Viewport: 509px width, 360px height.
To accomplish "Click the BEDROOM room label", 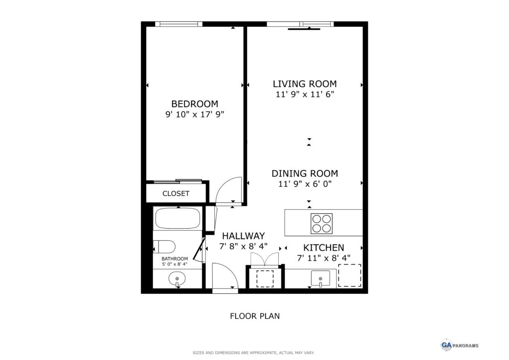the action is [x=195, y=104].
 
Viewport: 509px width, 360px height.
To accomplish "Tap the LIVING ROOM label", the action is [x=305, y=84].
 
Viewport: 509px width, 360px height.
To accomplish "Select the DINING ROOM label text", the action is [x=305, y=174].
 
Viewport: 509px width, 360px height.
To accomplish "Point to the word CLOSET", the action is [x=176, y=193].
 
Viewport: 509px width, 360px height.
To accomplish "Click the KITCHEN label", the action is [x=324, y=248].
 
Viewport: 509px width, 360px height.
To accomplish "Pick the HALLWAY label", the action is [x=244, y=236].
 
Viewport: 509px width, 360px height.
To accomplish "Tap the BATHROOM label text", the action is [x=174, y=259].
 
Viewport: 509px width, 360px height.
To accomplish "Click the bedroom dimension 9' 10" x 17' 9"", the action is [x=195, y=114].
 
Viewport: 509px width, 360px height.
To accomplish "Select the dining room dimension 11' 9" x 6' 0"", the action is [x=305, y=184].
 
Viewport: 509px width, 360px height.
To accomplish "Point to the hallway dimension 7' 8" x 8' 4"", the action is [x=244, y=246].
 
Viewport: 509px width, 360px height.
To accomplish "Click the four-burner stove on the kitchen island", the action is [x=322, y=223].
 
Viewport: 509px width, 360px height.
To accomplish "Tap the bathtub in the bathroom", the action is [x=177, y=218].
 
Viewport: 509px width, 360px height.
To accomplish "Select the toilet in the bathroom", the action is [x=164, y=247].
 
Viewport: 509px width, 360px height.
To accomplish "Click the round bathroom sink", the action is [x=177, y=278].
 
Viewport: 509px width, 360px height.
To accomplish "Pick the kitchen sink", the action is [x=321, y=278].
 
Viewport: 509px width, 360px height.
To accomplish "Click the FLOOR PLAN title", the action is [x=255, y=316].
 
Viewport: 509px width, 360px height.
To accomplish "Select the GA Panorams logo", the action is [x=459, y=345].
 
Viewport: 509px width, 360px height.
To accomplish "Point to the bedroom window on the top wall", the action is [x=179, y=24].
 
